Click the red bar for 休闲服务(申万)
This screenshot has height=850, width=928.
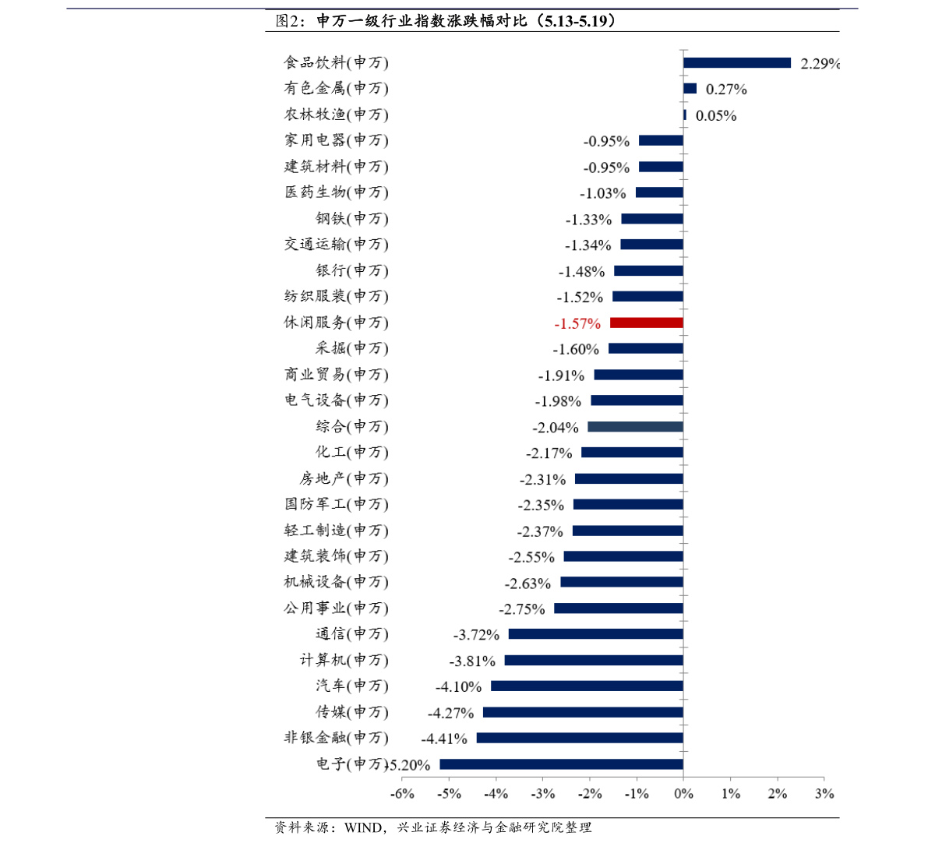pos(646,323)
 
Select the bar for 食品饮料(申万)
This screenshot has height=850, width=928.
pos(736,63)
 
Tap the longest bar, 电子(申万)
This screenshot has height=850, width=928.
pos(561,764)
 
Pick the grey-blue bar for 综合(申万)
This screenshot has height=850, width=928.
pos(635,427)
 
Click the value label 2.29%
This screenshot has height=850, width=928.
pos(820,64)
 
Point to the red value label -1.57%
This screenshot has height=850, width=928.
pos(577,323)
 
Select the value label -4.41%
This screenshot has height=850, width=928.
pos(444,739)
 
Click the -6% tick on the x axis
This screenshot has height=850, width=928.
pos(402,794)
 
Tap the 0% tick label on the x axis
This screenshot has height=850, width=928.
pos(683,794)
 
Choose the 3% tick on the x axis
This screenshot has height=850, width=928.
pos(824,794)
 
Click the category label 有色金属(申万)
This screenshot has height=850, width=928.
pos(336,89)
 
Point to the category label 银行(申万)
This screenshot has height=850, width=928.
pos(351,271)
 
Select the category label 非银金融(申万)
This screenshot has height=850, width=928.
pos(336,738)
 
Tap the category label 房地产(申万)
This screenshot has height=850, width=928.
pos(344,478)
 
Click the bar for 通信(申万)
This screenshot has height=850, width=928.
pos(595,634)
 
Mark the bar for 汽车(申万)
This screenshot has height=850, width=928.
pos(587,686)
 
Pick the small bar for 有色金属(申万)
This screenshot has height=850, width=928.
pos(690,89)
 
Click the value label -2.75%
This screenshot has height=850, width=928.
pos(522,609)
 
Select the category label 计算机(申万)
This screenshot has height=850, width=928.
pos(344,661)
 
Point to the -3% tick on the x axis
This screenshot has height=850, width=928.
pos(543,794)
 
